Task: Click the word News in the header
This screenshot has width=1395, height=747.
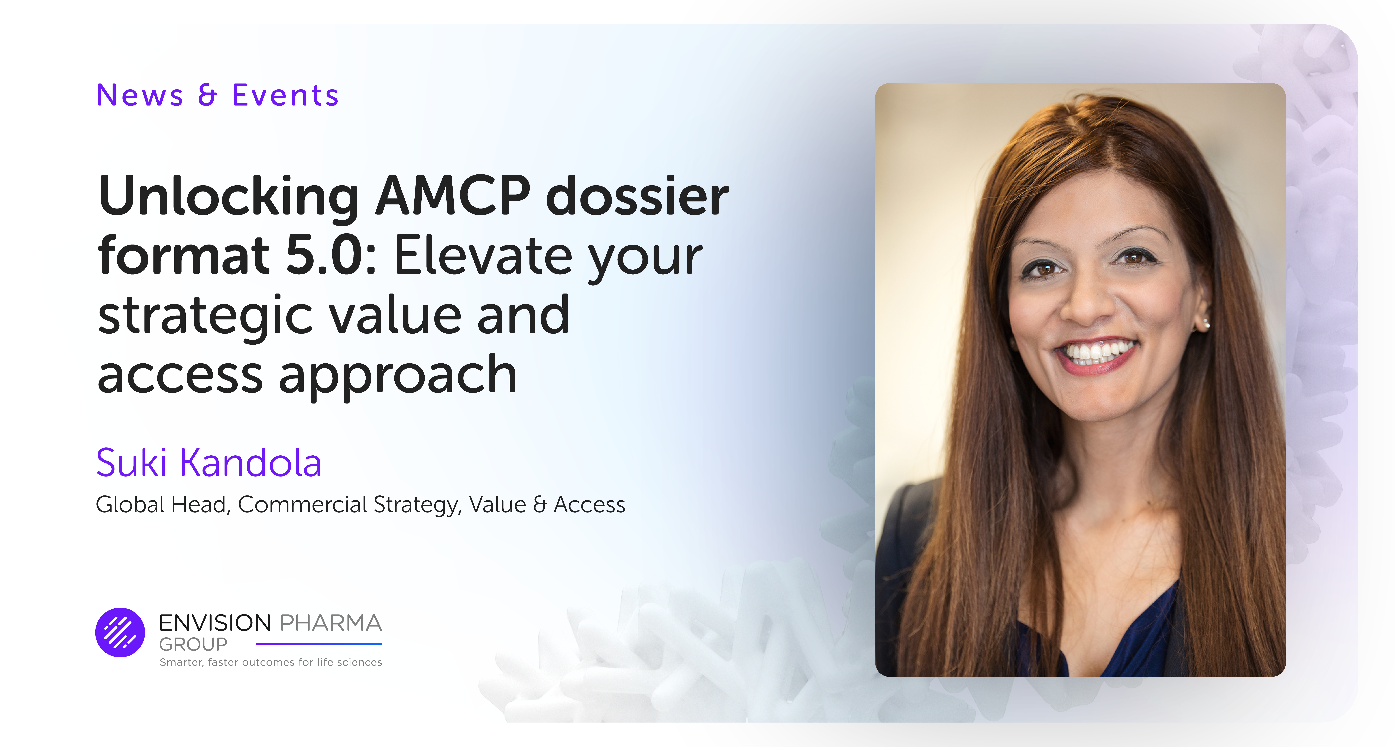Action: tap(140, 96)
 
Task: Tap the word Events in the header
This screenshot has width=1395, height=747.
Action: tap(285, 96)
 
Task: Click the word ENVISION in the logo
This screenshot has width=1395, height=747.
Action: tap(214, 623)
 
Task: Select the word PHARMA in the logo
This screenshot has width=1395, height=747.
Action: tap(330, 623)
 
